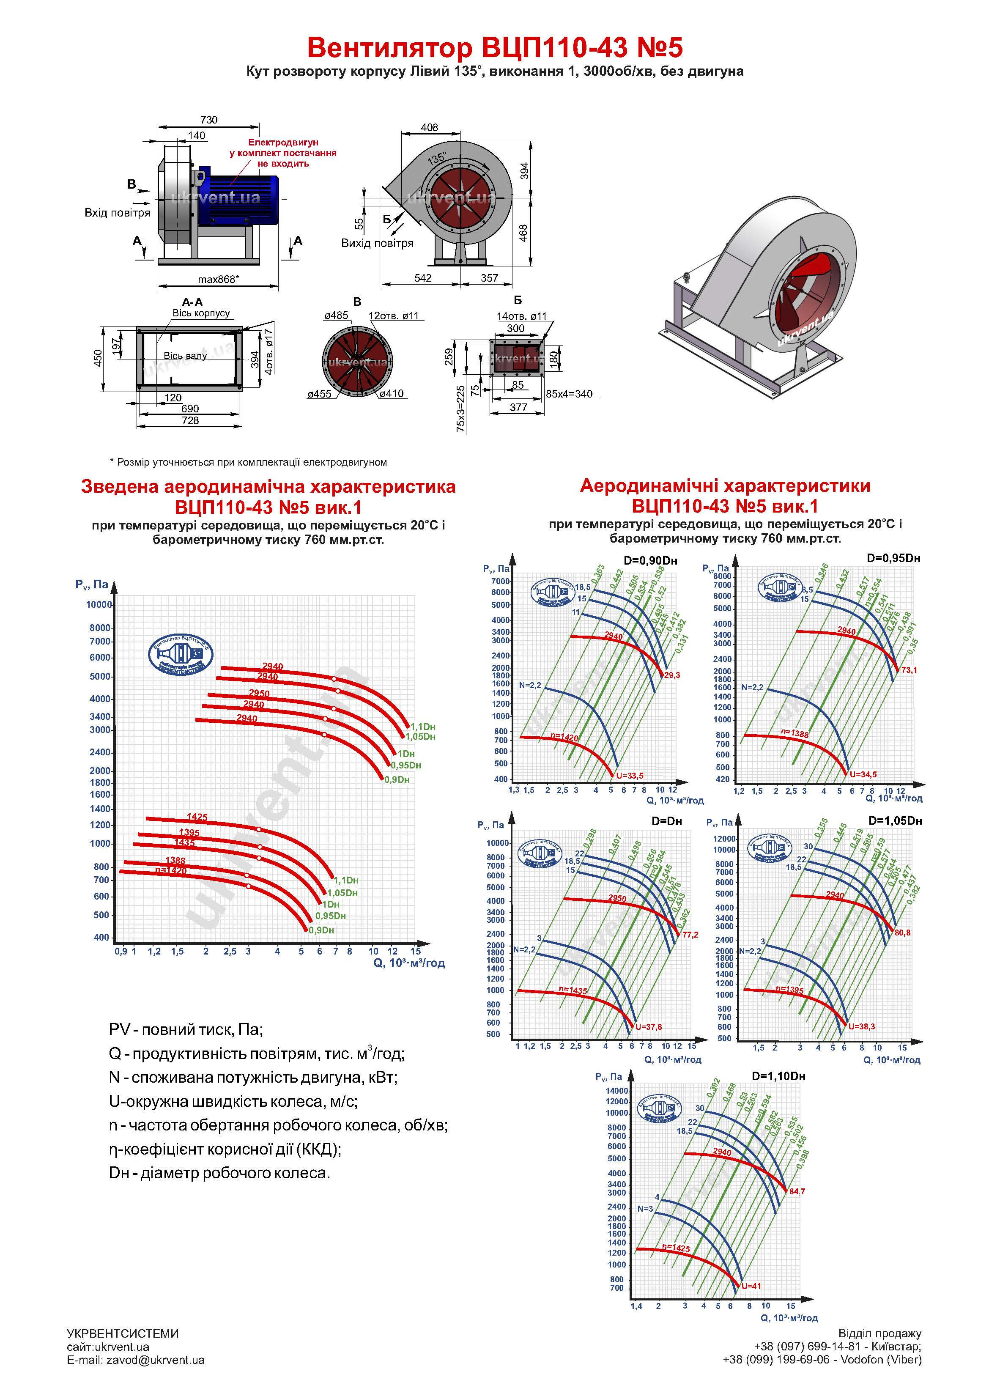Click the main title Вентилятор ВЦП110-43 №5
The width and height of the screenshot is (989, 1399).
click(494, 47)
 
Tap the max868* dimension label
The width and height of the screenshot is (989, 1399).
click(218, 280)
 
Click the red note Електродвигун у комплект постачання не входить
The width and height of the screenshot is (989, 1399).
click(283, 153)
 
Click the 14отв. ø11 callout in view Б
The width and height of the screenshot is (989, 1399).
click(522, 317)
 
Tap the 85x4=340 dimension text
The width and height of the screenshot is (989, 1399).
click(569, 394)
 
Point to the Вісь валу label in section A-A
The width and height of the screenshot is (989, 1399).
click(185, 356)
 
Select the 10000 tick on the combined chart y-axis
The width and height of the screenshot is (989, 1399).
click(99, 604)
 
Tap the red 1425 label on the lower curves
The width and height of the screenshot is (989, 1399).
click(197, 817)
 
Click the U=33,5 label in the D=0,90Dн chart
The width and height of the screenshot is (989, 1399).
click(630, 776)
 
